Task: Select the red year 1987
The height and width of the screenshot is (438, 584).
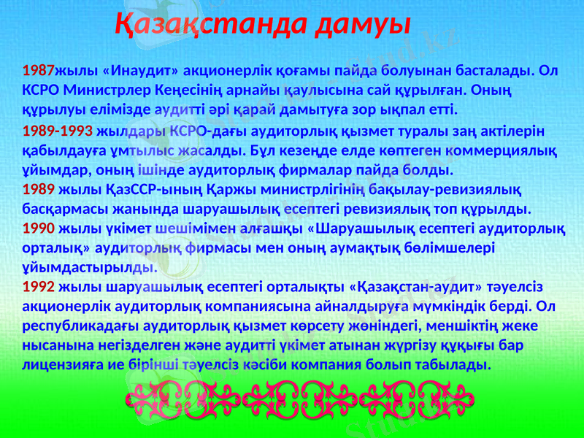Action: [x=39, y=72]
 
